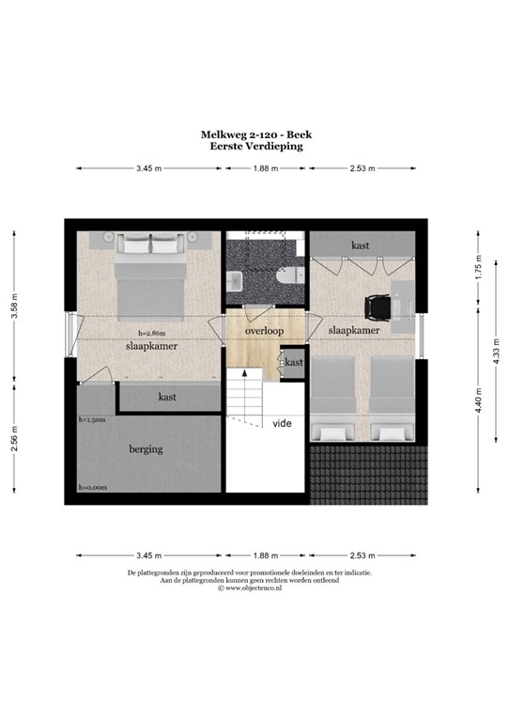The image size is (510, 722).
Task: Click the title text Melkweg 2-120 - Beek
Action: pos(254,134)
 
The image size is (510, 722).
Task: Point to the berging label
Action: pos(146,448)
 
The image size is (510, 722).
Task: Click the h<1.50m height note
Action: pos(92,420)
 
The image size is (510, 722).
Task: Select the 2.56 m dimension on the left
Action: pos(14,438)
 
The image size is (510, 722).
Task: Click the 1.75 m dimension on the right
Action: pos(478,271)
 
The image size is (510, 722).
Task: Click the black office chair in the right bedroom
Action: pos(378,306)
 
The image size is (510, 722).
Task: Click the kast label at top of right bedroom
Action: pos(360,244)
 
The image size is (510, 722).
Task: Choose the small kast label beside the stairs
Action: pos(294,362)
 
